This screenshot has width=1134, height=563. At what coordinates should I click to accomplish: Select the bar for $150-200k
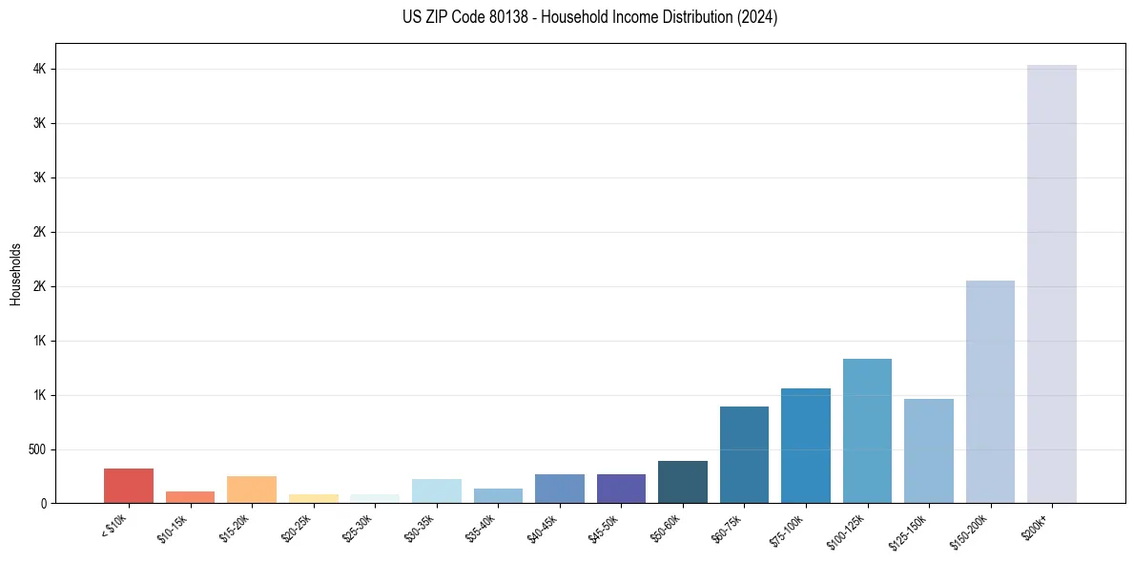coord(990,391)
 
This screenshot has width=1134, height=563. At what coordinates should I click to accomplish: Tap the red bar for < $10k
coord(129,486)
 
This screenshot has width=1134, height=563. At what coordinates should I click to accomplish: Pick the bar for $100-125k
coord(867,430)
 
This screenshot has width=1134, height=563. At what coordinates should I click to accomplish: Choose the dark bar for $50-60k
coord(682,482)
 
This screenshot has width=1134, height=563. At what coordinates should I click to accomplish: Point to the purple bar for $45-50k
coord(621,489)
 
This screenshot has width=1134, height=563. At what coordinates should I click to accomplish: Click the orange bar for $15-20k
coord(252,490)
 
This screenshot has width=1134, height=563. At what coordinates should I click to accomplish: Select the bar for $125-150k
coord(928,450)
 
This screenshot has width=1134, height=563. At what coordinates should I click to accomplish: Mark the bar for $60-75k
coord(744,454)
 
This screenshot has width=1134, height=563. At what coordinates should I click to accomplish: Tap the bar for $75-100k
coord(805,446)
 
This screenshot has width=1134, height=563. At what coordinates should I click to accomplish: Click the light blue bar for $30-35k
coord(436,490)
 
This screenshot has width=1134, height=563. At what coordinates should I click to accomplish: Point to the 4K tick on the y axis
coord(41,70)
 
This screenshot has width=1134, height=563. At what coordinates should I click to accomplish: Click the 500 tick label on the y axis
coord(38,449)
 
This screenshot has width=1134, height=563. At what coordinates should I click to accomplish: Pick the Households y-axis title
coord(15,274)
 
